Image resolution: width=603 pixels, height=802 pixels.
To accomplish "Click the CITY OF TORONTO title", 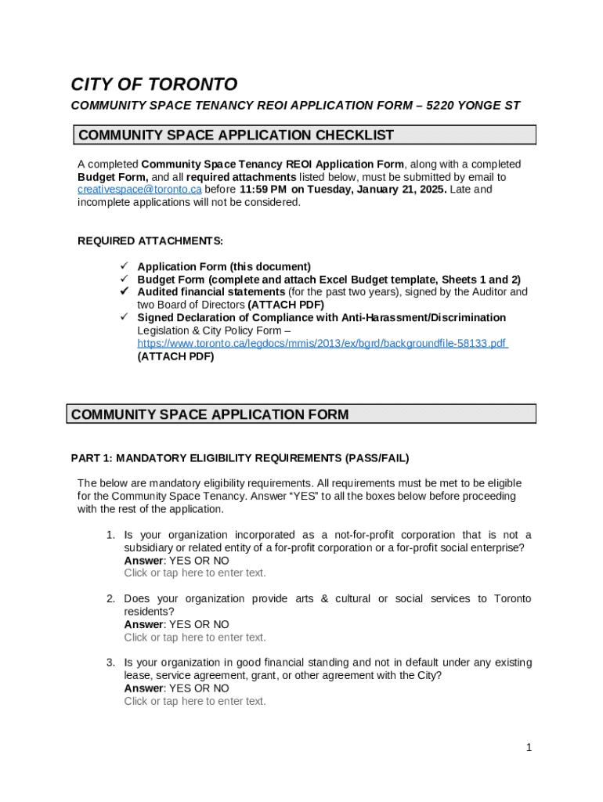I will coord(153,85).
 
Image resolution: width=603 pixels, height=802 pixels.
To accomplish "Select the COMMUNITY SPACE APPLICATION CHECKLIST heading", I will coord(236,135).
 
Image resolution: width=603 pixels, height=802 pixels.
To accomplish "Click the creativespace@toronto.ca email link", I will coord(139,190).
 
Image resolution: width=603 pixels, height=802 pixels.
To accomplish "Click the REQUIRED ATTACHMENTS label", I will coord(150,240).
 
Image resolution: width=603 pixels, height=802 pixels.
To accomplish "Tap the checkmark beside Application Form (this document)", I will coord(124,266).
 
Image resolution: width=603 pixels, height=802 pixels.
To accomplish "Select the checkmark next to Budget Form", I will coord(124,279).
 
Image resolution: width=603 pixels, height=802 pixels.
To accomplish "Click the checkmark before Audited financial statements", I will coord(124,291).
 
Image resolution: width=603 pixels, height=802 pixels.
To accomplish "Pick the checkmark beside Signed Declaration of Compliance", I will coord(124,317).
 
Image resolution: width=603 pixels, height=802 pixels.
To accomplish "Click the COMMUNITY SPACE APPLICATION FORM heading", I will coord(210,414).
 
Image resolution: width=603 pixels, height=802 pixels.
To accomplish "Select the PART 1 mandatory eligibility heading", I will coord(240,458).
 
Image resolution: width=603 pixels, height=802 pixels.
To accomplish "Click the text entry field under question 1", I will coord(195,573).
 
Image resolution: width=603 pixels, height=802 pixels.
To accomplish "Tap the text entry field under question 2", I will coord(195,638).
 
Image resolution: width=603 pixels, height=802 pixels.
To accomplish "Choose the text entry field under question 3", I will coord(195,702).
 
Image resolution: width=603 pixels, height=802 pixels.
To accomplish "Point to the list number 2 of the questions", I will coord(110,599).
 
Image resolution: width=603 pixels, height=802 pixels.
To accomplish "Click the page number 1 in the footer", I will coord(529,748).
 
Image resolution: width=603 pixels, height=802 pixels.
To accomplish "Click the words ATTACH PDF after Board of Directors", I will coord(286,305).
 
